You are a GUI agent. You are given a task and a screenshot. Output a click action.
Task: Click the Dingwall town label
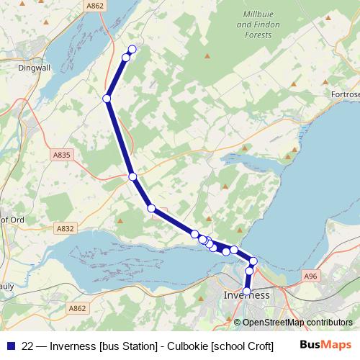(30, 69)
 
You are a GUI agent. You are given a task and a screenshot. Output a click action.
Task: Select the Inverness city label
(246, 296)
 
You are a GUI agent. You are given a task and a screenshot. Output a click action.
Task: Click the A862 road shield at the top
(94, 6)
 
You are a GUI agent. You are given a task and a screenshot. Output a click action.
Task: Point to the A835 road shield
(62, 155)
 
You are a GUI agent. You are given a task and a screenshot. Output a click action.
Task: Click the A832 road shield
(65, 228)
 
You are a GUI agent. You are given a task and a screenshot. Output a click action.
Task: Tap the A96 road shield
(310, 276)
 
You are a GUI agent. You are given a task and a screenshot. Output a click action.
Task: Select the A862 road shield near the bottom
(78, 308)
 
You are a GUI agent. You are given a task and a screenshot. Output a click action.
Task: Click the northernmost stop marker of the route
(132, 49)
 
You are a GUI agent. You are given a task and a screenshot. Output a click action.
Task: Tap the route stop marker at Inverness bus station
(247, 292)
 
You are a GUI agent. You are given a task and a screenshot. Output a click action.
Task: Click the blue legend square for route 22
(10, 346)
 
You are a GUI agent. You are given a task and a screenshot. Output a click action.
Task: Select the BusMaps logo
(330, 346)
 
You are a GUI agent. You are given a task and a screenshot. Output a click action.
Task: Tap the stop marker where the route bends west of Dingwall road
(107, 98)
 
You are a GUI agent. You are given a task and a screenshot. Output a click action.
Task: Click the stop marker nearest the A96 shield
(253, 261)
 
